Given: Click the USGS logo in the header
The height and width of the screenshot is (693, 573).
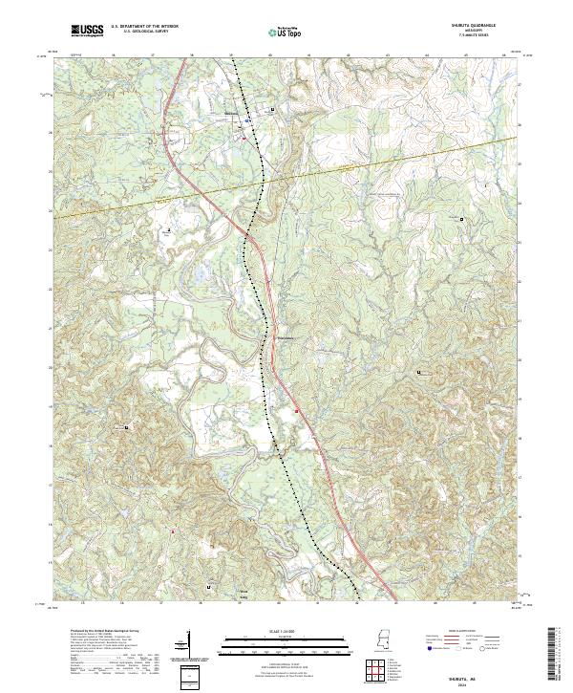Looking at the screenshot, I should click(87, 31).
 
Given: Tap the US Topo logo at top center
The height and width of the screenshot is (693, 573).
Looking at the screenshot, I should click(282, 32).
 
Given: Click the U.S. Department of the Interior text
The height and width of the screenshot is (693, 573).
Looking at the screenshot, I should click(142, 28).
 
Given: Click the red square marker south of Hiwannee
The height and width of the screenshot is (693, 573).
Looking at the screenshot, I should click(297, 410).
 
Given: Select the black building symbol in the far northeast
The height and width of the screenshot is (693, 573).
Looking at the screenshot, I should click(462, 220).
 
